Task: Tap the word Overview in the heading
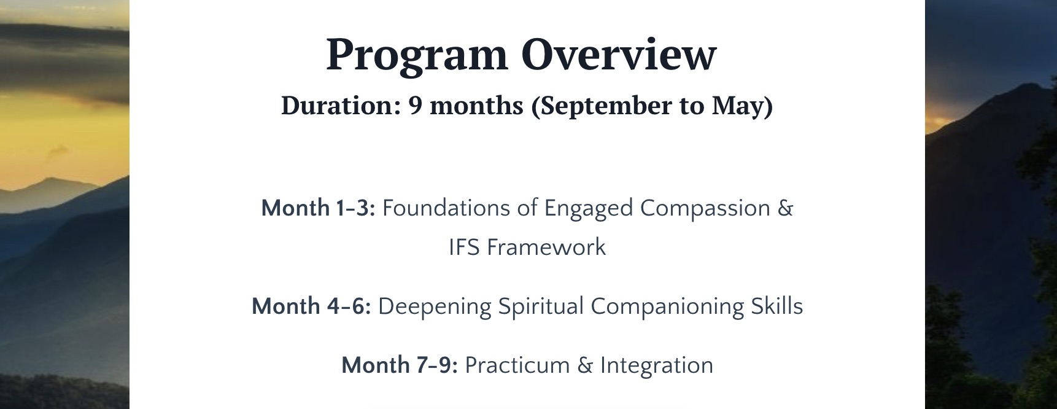click(x=619, y=54)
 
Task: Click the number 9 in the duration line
click(x=416, y=106)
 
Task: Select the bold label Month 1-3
click(x=318, y=208)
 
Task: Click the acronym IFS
click(x=464, y=247)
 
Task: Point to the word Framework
click(x=546, y=247)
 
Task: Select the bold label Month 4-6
click(x=311, y=306)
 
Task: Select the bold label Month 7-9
click(x=400, y=365)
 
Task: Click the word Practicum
click(x=517, y=365)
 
